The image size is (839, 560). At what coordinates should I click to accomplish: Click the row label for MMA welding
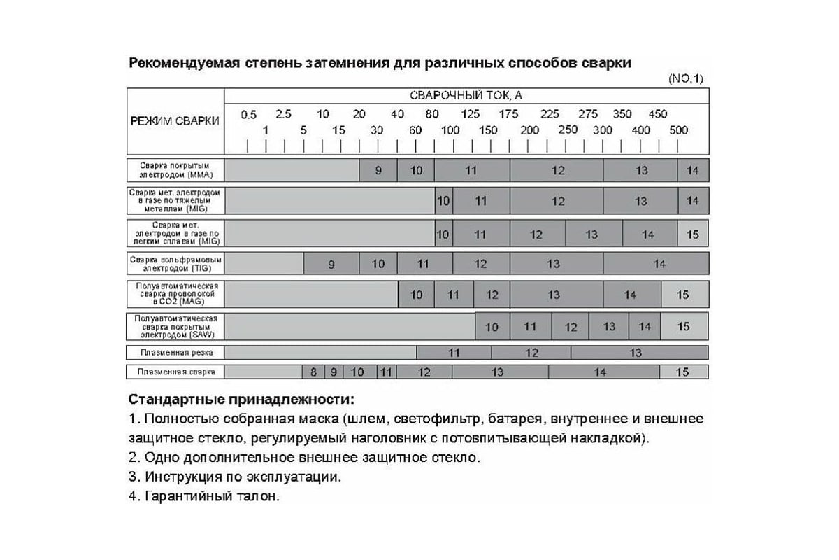[x=175, y=169]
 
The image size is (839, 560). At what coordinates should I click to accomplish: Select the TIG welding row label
[x=175, y=263]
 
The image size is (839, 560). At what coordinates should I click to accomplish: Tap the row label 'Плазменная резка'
[x=175, y=352]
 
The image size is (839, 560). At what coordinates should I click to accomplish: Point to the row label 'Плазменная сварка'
[x=175, y=372]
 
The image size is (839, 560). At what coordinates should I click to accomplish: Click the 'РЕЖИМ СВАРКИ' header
[x=175, y=120]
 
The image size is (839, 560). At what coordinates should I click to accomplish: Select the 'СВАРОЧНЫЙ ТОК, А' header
[x=466, y=96]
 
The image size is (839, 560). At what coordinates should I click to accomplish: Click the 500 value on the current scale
[x=678, y=129]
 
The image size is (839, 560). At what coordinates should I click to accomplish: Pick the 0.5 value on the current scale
[x=248, y=114]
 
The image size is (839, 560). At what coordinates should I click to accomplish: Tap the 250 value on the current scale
[x=568, y=129]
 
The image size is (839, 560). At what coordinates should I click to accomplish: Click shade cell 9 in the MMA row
[x=378, y=170]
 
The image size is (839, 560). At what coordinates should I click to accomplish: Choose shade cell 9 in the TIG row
[x=331, y=264]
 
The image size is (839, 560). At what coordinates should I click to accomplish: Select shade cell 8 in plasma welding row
[x=313, y=372]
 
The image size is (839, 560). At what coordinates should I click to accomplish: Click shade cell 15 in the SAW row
[x=683, y=326]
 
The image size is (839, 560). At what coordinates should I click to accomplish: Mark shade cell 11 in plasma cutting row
[x=454, y=353]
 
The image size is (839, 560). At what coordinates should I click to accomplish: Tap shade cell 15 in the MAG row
[x=682, y=295]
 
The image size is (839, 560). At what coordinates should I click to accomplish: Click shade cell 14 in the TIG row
[x=659, y=264]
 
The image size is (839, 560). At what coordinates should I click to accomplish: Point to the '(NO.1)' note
[x=686, y=78]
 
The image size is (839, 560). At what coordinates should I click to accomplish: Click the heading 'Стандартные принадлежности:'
[x=241, y=400]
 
